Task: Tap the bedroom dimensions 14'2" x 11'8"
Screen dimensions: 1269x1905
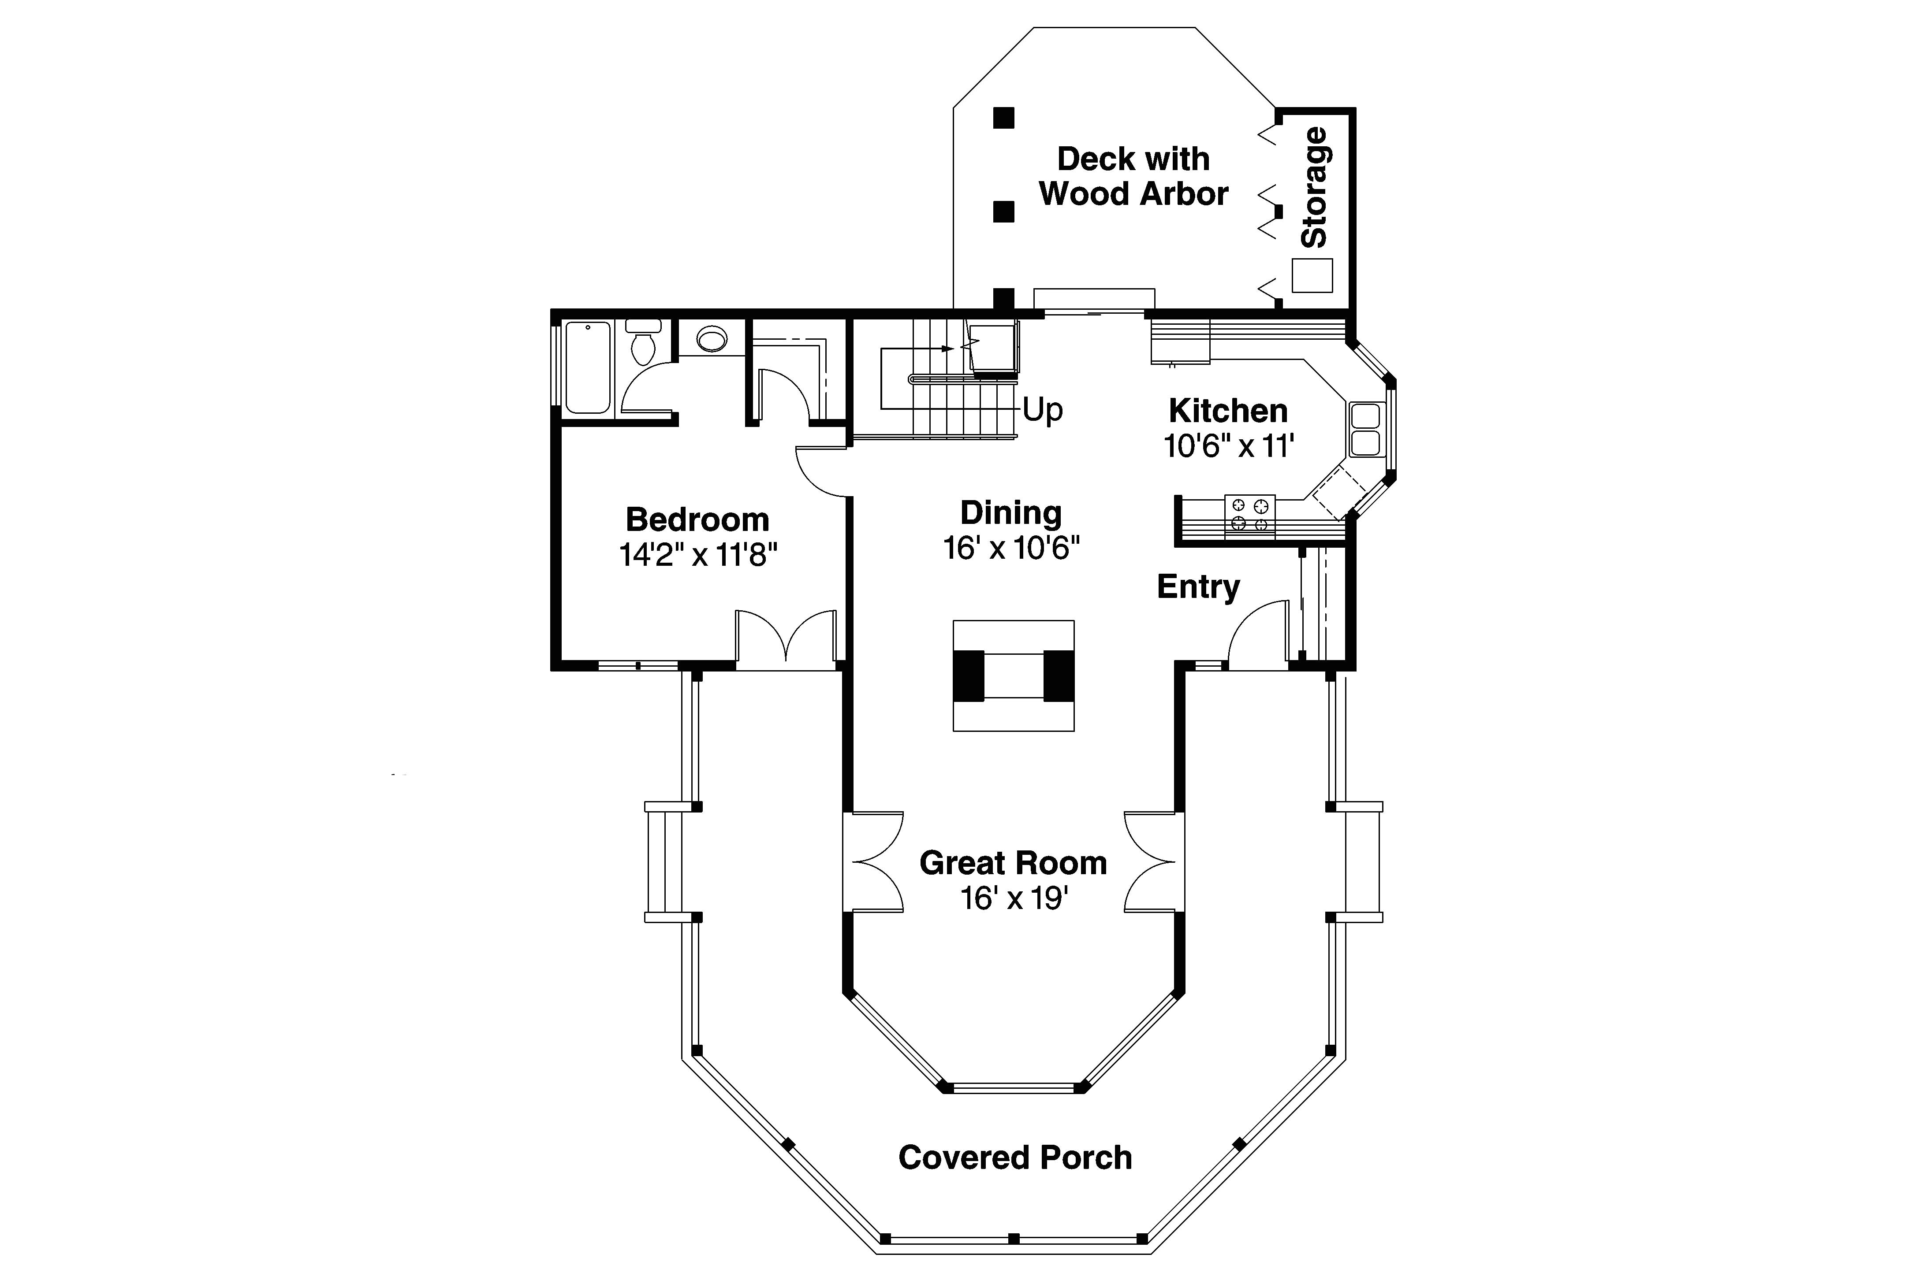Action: click(698, 555)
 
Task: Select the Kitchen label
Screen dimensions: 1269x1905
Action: click(1227, 411)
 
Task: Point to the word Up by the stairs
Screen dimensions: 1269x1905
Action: click(1043, 410)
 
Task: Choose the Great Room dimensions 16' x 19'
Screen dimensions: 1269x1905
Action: click(1014, 898)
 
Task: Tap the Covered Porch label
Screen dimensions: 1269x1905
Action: click(1014, 1158)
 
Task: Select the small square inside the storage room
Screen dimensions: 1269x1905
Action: click(1312, 275)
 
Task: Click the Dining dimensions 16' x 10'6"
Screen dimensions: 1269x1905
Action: click(1011, 549)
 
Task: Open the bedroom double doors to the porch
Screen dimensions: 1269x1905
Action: click(785, 639)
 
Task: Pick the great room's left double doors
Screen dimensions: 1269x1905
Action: click(874, 862)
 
